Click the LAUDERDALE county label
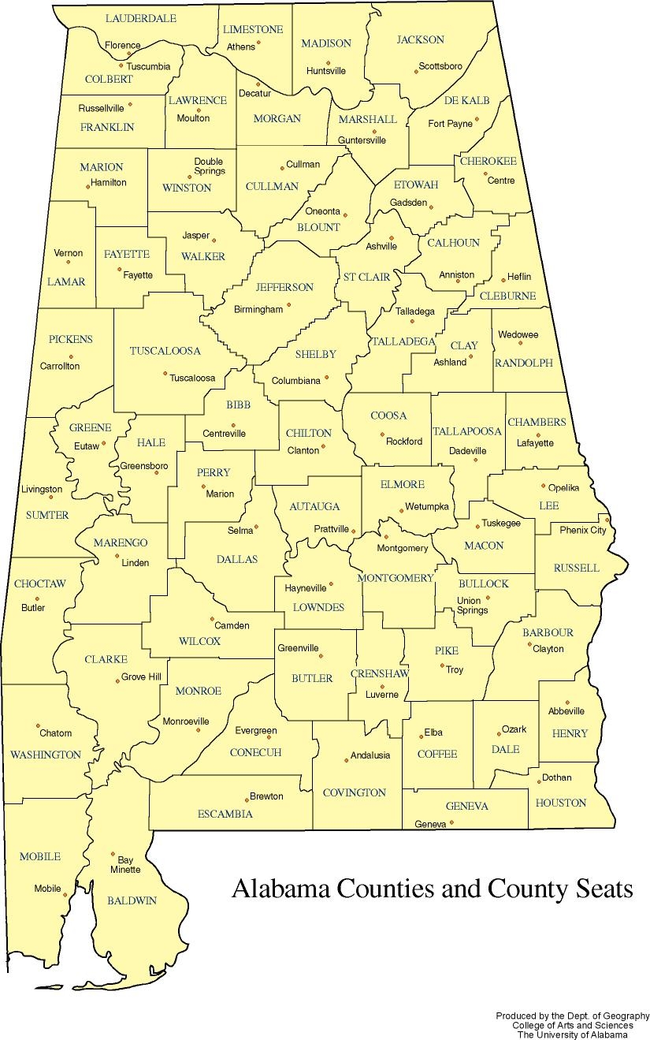[x=140, y=18]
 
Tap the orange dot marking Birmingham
[x=288, y=304]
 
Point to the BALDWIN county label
[x=132, y=900]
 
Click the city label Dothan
[x=556, y=777]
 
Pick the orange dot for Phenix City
[x=607, y=520]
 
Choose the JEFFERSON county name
[x=284, y=288]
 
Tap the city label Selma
[x=240, y=531]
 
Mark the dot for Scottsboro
[x=416, y=72]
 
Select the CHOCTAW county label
[x=39, y=584]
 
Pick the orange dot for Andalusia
[x=346, y=760]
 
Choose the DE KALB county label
[x=466, y=101]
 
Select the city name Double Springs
[x=210, y=166]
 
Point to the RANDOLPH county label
[x=523, y=363]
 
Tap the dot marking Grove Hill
[x=117, y=680]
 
